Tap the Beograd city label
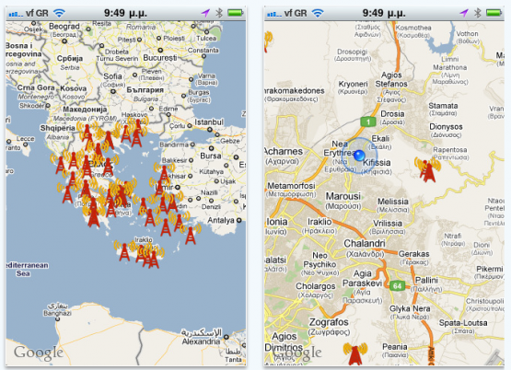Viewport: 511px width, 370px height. tap(64, 27)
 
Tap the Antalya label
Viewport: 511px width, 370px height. tap(222, 220)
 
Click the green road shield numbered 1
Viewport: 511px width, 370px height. tap(366, 121)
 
